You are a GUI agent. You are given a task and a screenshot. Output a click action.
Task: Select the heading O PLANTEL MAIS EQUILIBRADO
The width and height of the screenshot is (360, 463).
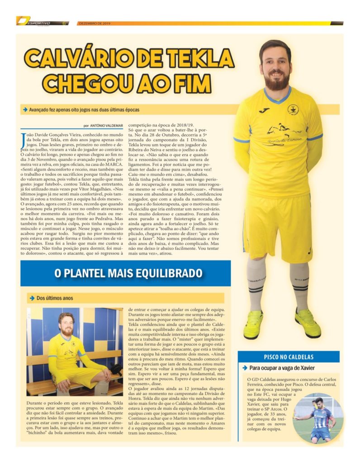[x=128, y=273]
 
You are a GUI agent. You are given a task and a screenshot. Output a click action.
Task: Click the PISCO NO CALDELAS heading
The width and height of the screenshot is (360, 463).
[x=289, y=357]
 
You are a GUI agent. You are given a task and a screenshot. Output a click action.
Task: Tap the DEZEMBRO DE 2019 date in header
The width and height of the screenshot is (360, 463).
[x=94, y=23]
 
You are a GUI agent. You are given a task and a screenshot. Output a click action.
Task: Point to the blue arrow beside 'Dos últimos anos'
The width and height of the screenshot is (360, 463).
[x=32, y=298]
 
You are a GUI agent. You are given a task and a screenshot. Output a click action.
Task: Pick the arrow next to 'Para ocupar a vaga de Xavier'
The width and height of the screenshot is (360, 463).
[x=245, y=368]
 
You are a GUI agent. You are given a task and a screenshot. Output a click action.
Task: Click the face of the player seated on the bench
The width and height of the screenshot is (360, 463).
[x=66, y=324]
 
